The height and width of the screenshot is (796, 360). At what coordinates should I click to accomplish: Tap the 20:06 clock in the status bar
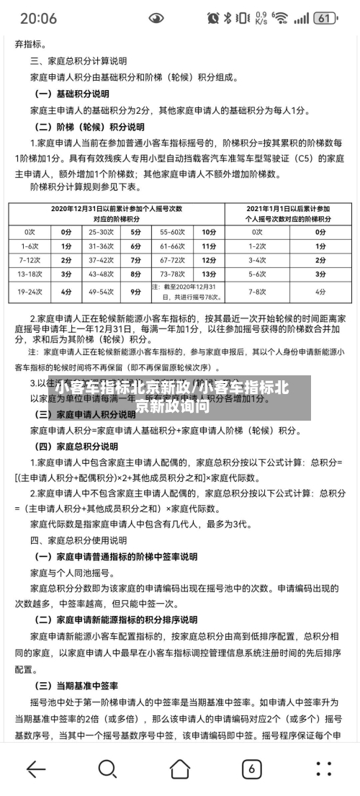coord(38,18)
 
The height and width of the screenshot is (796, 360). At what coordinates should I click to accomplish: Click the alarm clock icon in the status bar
coord(212,18)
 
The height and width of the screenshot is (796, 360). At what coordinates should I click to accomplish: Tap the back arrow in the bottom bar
coord(35,769)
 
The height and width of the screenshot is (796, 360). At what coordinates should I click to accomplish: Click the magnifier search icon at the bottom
coord(107,769)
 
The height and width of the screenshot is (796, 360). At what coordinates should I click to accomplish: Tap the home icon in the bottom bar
coord(179,769)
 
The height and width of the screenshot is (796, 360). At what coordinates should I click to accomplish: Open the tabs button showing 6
coord(251,769)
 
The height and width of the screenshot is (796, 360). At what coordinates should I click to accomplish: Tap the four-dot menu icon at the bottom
coord(323,769)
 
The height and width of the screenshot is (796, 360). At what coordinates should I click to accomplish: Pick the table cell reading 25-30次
coord(101,232)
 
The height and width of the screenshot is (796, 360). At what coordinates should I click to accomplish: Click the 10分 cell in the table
coord(209,232)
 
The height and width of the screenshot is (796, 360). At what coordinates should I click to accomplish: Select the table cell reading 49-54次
coord(101,292)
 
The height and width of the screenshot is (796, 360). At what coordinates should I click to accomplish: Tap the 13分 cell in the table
coord(209,274)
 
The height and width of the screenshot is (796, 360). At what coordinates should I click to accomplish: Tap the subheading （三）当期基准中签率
coord(76,685)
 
